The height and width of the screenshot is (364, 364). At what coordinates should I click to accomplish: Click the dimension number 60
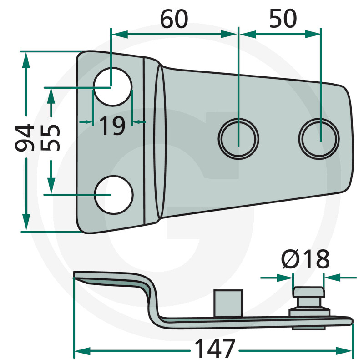[x=174, y=19]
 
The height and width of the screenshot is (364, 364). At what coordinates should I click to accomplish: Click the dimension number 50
[x=283, y=19]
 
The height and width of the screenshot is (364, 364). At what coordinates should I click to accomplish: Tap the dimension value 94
[x=25, y=137]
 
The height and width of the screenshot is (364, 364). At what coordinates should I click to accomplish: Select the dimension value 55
[x=51, y=138]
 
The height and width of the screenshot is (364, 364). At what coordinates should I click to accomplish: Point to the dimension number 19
[x=112, y=126]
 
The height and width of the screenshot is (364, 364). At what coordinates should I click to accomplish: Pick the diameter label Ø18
[x=305, y=259]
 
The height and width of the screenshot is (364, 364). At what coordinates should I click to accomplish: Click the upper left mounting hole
[x=113, y=87]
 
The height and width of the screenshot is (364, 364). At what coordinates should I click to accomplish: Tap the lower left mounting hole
[x=114, y=195]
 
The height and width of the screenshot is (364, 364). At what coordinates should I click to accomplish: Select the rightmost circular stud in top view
[x=319, y=139]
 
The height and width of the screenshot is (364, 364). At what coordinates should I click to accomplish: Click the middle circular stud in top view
[x=238, y=139]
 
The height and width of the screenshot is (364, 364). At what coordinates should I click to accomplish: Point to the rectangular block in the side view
[x=228, y=303]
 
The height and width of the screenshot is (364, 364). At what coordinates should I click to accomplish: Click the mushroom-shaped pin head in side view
[x=308, y=293]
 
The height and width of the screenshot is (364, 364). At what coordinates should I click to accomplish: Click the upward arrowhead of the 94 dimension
[x=26, y=60]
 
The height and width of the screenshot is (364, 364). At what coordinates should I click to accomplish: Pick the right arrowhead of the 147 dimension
[x=344, y=351]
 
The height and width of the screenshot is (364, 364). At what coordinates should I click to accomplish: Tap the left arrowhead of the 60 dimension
[x=120, y=34]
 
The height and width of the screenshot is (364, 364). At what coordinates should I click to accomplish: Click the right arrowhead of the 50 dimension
[x=313, y=34]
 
